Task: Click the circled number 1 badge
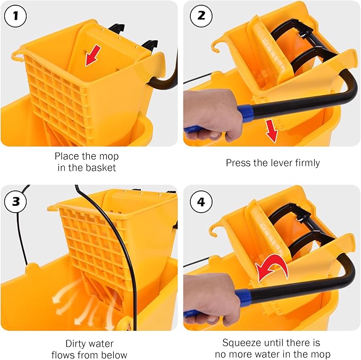15,15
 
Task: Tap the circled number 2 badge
200,15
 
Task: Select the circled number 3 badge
15,202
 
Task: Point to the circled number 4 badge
200,202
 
